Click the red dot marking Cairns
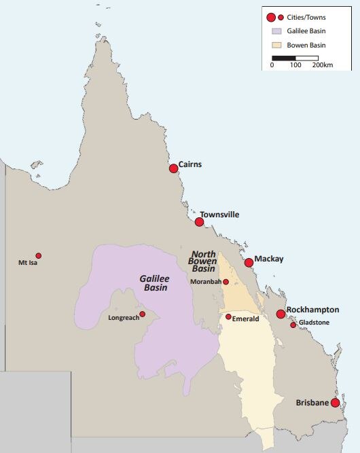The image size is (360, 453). (173, 168)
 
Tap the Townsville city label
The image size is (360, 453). (219, 214)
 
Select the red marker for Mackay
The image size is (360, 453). (249, 262)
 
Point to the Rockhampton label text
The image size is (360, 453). (312, 310)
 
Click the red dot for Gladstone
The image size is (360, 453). (293, 325)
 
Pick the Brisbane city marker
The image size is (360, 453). (335, 402)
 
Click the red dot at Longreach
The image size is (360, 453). (142, 314)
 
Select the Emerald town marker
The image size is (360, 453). (228, 316)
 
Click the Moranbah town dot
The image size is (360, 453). (226, 281)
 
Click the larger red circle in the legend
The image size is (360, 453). (271, 17)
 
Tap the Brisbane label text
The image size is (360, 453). (312, 403)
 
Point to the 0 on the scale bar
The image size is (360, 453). (272, 65)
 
